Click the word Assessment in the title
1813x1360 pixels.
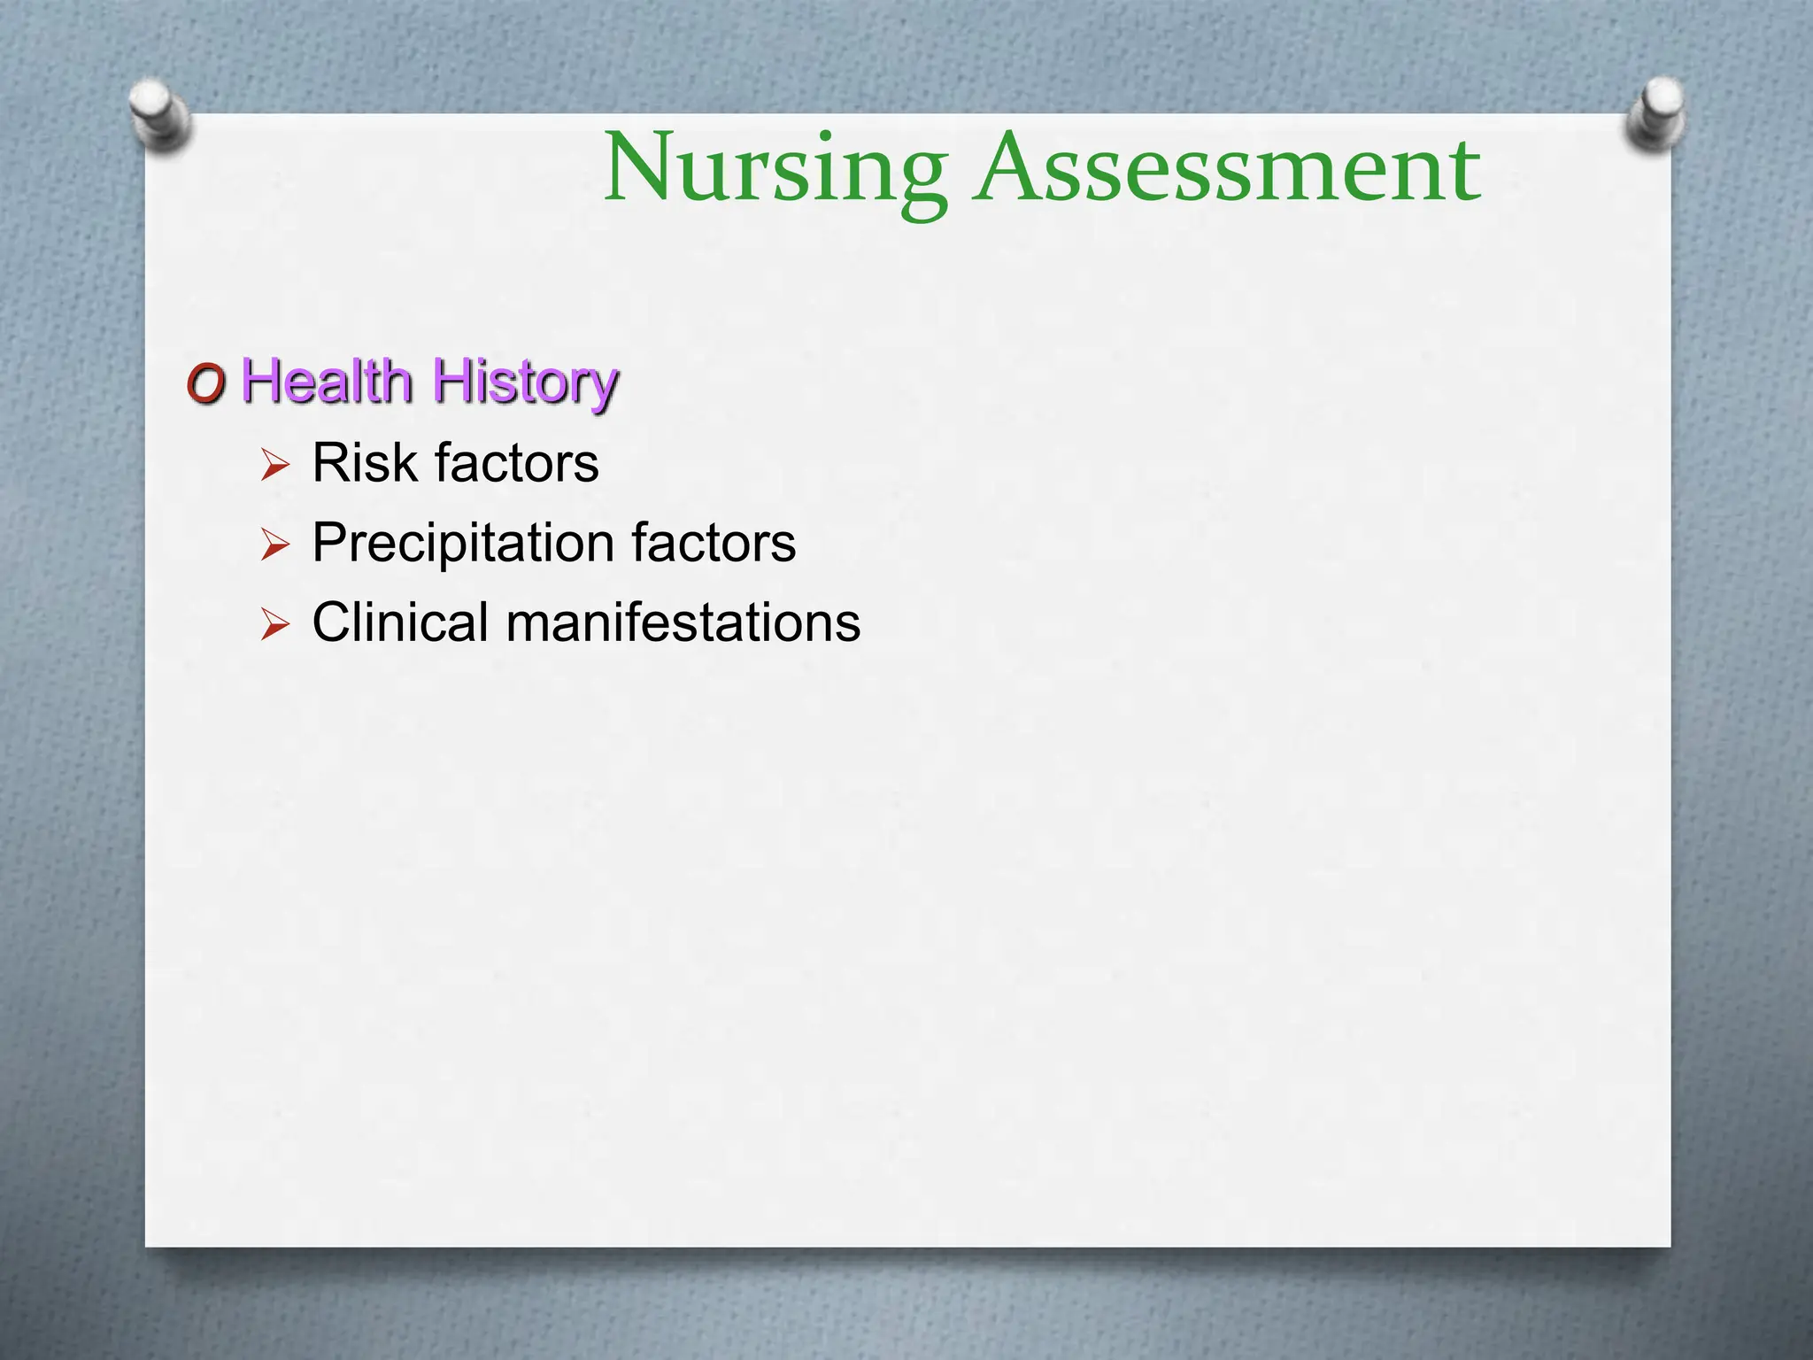click(1227, 168)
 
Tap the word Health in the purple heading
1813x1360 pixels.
click(327, 382)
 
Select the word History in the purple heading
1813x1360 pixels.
click(524, 383)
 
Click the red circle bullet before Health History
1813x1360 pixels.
click(206, 385)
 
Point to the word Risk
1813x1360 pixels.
click(364, 462)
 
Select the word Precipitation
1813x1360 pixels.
click(463, 543)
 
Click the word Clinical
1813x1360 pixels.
click(400, 622)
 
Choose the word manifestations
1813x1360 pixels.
click(683, 622)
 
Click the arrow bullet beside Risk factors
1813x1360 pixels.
click(275, 465)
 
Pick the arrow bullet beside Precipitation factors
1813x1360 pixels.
click(275, 545)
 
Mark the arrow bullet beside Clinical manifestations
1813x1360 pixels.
click(275, 624)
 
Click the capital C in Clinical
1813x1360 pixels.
click(334, 622)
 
